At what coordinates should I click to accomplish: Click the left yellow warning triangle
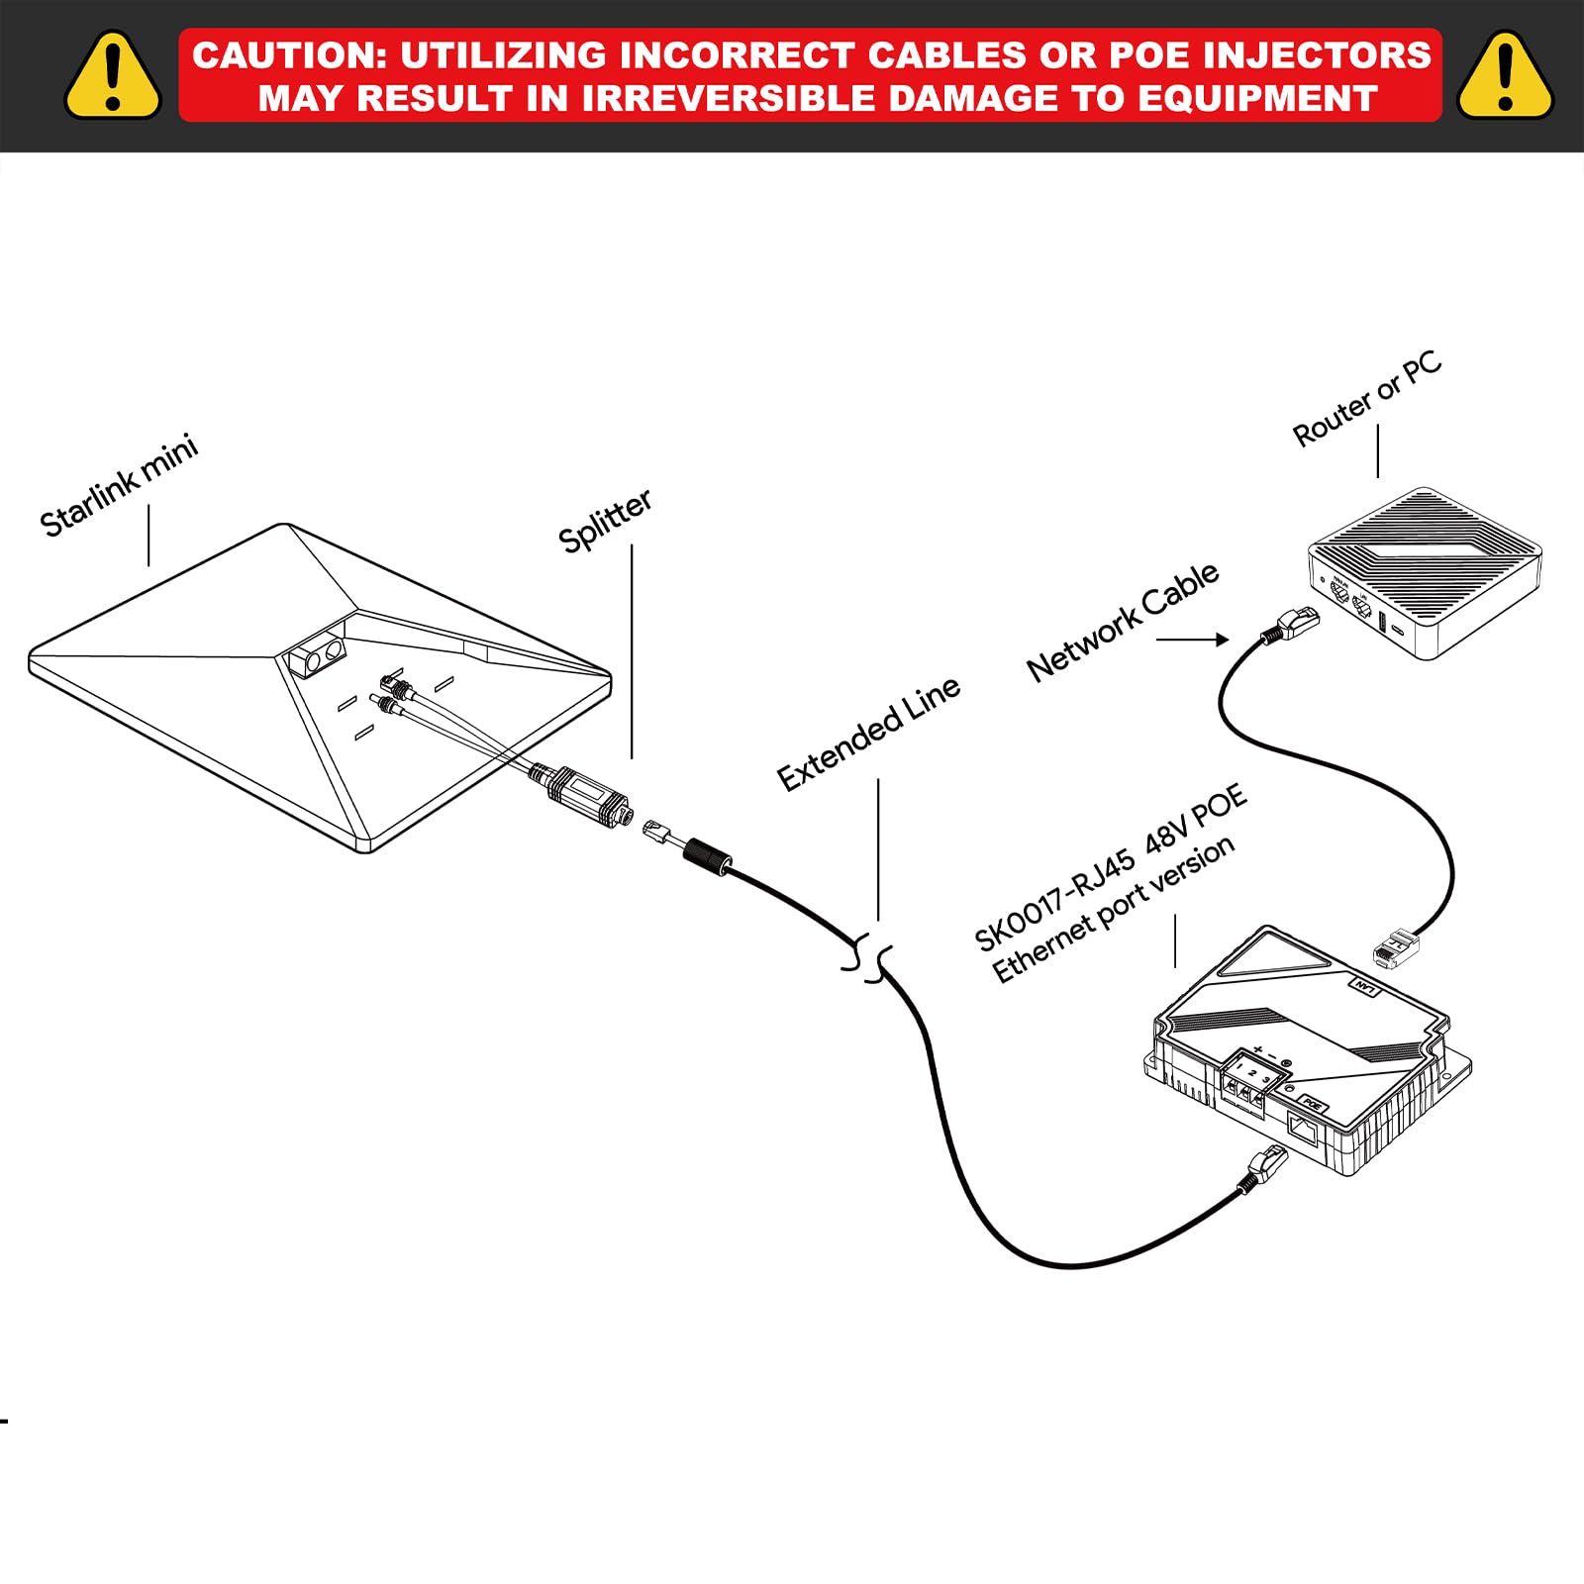113,77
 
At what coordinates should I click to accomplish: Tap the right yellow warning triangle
1505,77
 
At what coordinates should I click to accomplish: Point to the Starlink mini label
119,485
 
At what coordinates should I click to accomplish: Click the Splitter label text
605,521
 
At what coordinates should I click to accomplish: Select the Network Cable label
1123,622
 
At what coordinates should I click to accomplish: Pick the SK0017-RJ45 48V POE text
1110,868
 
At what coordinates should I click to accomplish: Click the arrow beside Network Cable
1193,640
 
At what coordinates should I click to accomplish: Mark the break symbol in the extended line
869,957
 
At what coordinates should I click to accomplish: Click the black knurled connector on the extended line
708,856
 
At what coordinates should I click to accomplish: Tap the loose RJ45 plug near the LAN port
1396,947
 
